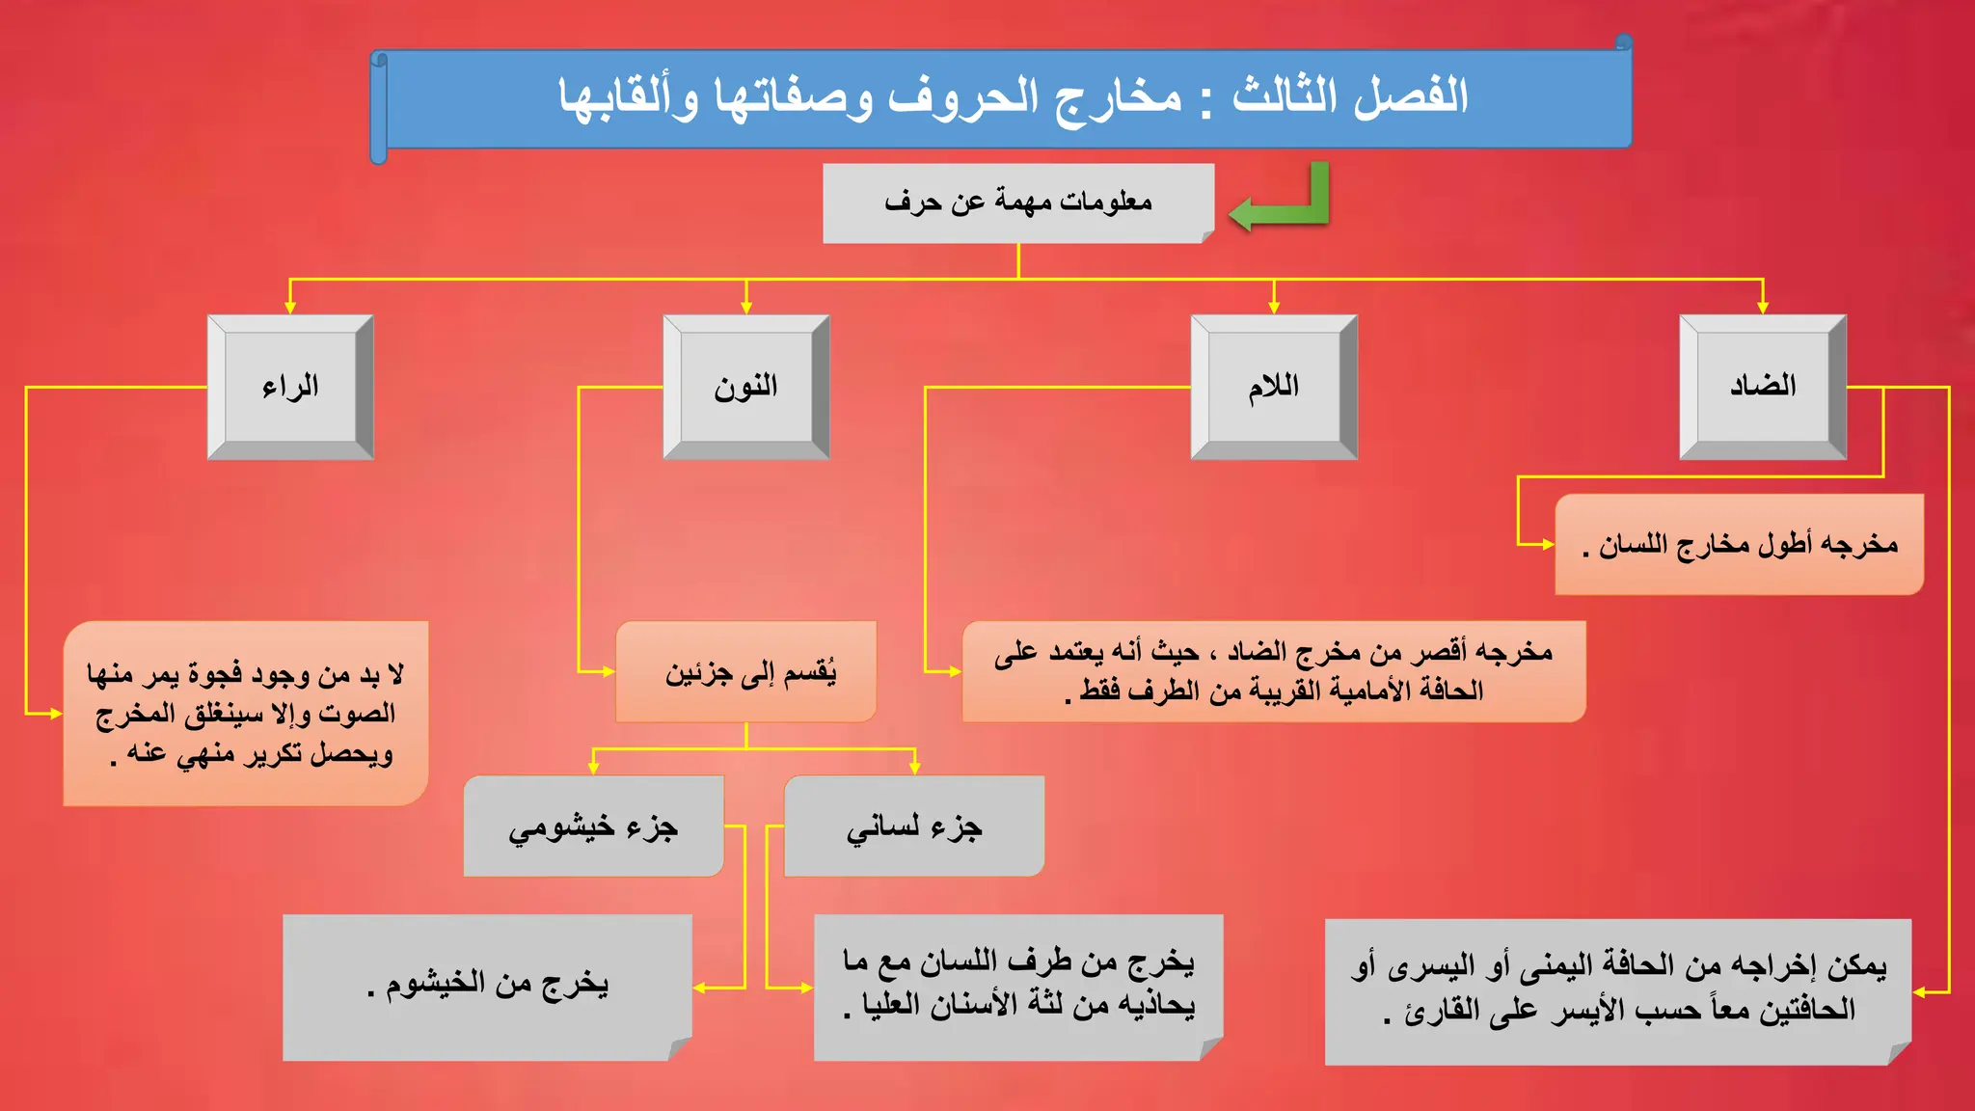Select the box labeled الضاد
tap(1762, 387)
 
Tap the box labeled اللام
tap(1273, 387)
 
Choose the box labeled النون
tap(745, 387)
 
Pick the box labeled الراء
tap(289, 387)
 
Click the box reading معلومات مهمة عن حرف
tap(1017, 203)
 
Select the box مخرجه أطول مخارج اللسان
tap(1739, 545)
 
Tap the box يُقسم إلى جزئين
tap(745, 671)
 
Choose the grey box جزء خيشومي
tap(593, 826)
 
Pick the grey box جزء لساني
tap(913, 826)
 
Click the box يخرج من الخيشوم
tap(487, 986)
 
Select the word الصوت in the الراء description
tap(357, 714)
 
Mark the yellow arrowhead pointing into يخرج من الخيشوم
tap(700, 988)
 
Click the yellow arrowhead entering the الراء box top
tap(290, 307)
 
